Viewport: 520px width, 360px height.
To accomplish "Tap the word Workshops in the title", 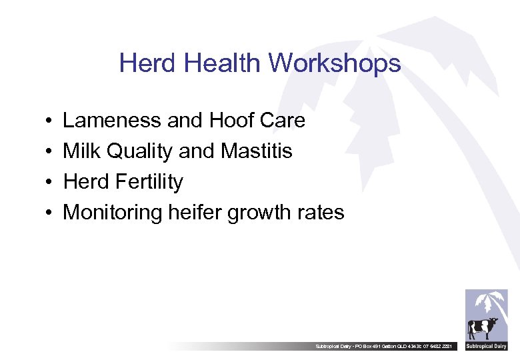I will click(x=335, y=64).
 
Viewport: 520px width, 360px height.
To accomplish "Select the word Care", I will click(x=281, y=121).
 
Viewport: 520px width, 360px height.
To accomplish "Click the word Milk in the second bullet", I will click(x=81, y=151).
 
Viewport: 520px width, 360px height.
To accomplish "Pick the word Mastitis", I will click(x=256, y=151).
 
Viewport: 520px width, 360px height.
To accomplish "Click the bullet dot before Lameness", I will click(x=50, y=121).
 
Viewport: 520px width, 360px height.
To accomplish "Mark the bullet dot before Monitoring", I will click(x=50, y=213).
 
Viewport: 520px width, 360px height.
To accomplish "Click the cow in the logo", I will click(x=483, y=328).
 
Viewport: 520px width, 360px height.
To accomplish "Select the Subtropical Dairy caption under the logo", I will click(x=487, y=347).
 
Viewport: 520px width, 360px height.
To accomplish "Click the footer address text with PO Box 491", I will click(x=386, y=347).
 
